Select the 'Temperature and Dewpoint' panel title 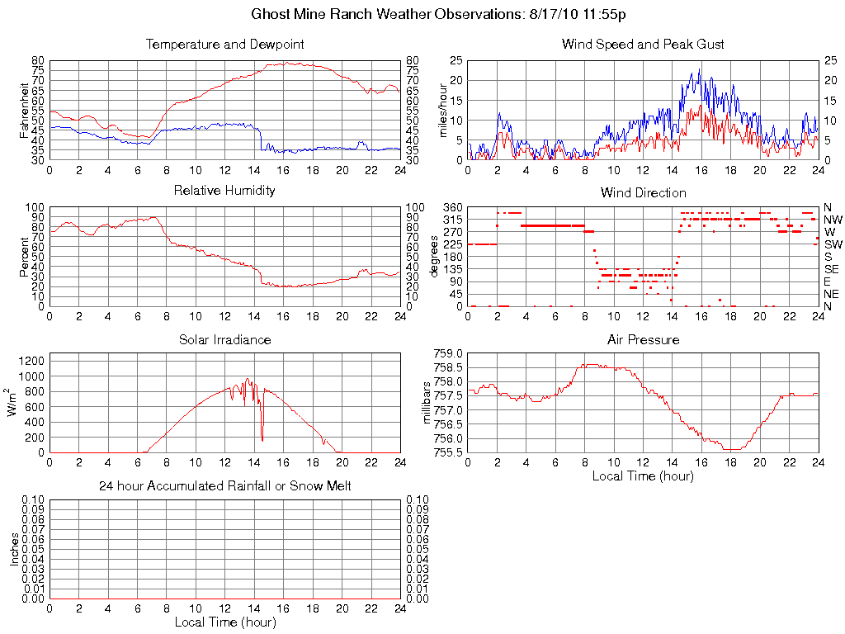[x=224, y=44]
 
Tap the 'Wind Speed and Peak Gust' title [x=643, y=44]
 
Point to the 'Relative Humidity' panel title [x=224, y=191]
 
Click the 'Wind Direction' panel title [x=643, y=192]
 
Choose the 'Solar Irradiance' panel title [x=224, y=339]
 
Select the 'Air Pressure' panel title [x=643, y=339]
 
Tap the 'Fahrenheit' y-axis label [x=26, y=110]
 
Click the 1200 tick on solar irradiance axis [x=31, y=360]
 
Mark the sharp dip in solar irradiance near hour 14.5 [x=262, y=439]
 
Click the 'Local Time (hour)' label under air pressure [x=643, y=475]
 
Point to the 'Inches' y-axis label [x=14, y=549]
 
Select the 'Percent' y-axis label [x=26, y=256]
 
